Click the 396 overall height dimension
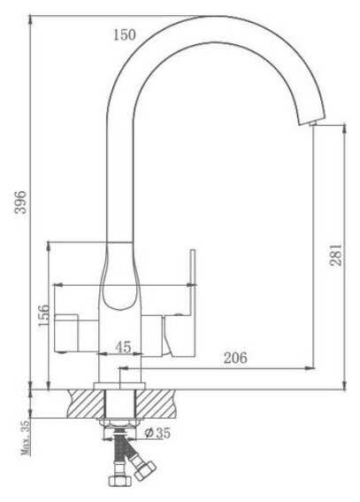click(21, 202)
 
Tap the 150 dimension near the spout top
click(125, 35)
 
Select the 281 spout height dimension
click(336, 255)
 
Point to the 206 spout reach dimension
click(235, 358)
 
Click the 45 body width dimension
click(123, 346)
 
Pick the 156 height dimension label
click(44, 315)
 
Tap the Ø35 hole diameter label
click(157, 433)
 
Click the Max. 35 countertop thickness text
click(26, 437)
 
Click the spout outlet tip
click(311, 122)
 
